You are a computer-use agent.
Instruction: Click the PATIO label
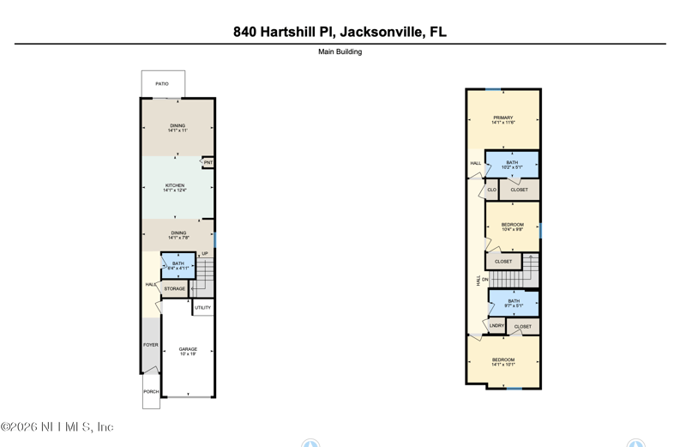click(x=162, y=84)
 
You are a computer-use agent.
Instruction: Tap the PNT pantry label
click(x=208, y=162)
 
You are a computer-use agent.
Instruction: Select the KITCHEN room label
click(x=175, y=185)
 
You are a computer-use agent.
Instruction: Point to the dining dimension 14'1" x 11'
click(x=178, y=131)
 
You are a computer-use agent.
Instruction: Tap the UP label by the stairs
click(x=205, y=254)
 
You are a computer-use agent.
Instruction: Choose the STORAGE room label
click(x=175, y=289)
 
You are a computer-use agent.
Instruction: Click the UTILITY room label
click(x=202, y=307)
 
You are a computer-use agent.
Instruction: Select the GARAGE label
click(x=188, y=349)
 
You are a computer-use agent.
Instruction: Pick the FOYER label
click(x=151, y=345)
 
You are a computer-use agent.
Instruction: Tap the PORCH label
click(x=151, y=391)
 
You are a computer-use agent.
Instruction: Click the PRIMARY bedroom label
click(x=503, y=118)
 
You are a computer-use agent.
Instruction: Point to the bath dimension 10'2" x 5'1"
click(x=512, y=167)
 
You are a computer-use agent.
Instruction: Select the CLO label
click(x=491, y=190)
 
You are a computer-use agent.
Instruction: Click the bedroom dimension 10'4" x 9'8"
click(x=512, y=230)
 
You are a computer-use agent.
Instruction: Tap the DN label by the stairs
click(x=485, y=280)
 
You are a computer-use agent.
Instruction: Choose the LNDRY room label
click(x=496, y=326)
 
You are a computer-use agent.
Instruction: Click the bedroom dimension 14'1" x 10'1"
click(x=503, y=365)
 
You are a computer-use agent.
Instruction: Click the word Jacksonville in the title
click(x=380, y=32)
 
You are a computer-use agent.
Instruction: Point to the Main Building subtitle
click(x=340, y=51)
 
